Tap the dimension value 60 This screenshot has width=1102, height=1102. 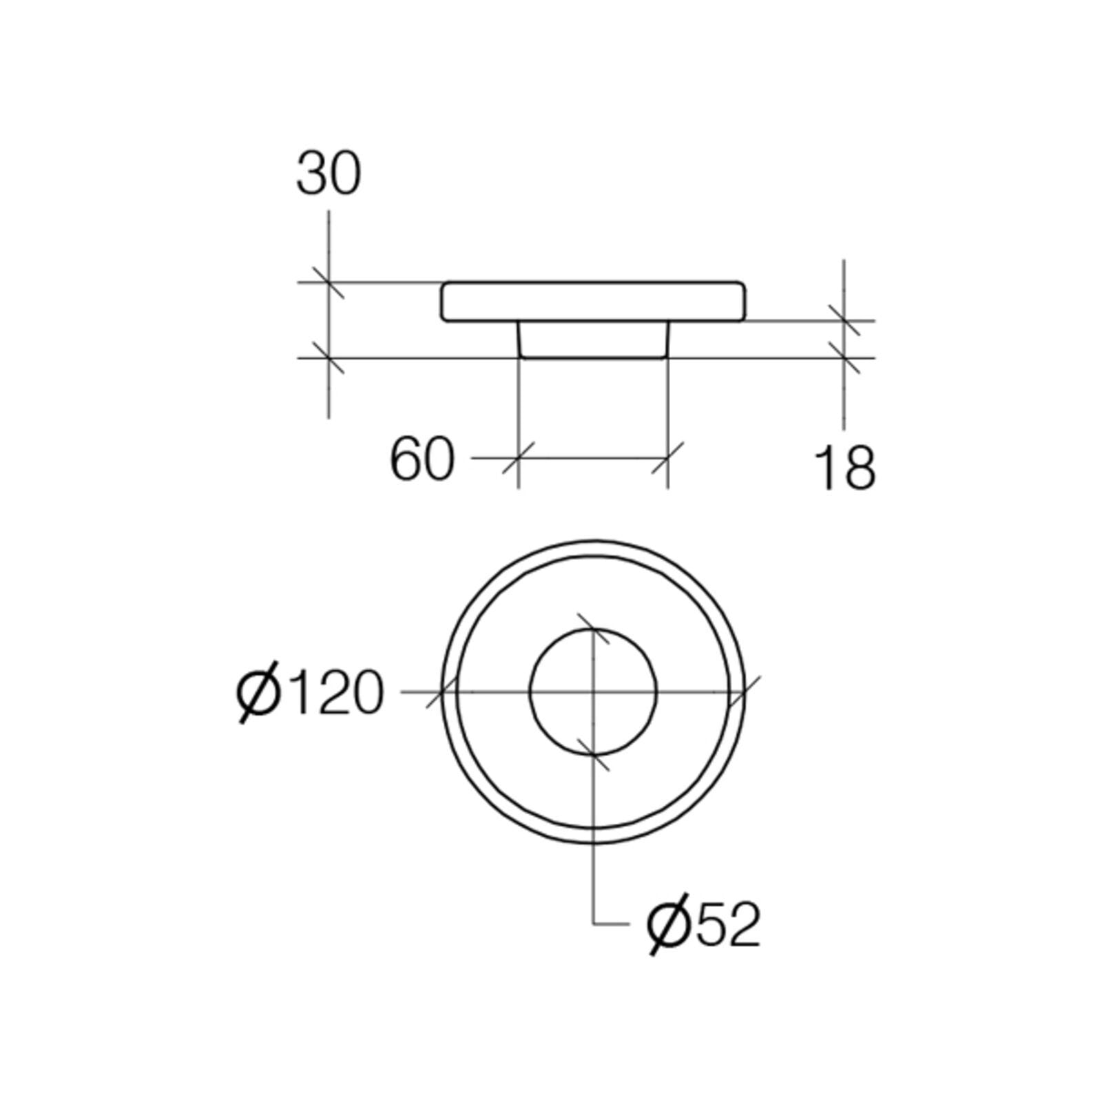(422, 459)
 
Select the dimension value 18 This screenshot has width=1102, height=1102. (845, 468)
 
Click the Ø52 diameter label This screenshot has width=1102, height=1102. (703, 925)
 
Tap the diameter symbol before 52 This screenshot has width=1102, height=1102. (669, 925)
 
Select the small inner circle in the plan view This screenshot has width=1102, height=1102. (593, 628)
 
